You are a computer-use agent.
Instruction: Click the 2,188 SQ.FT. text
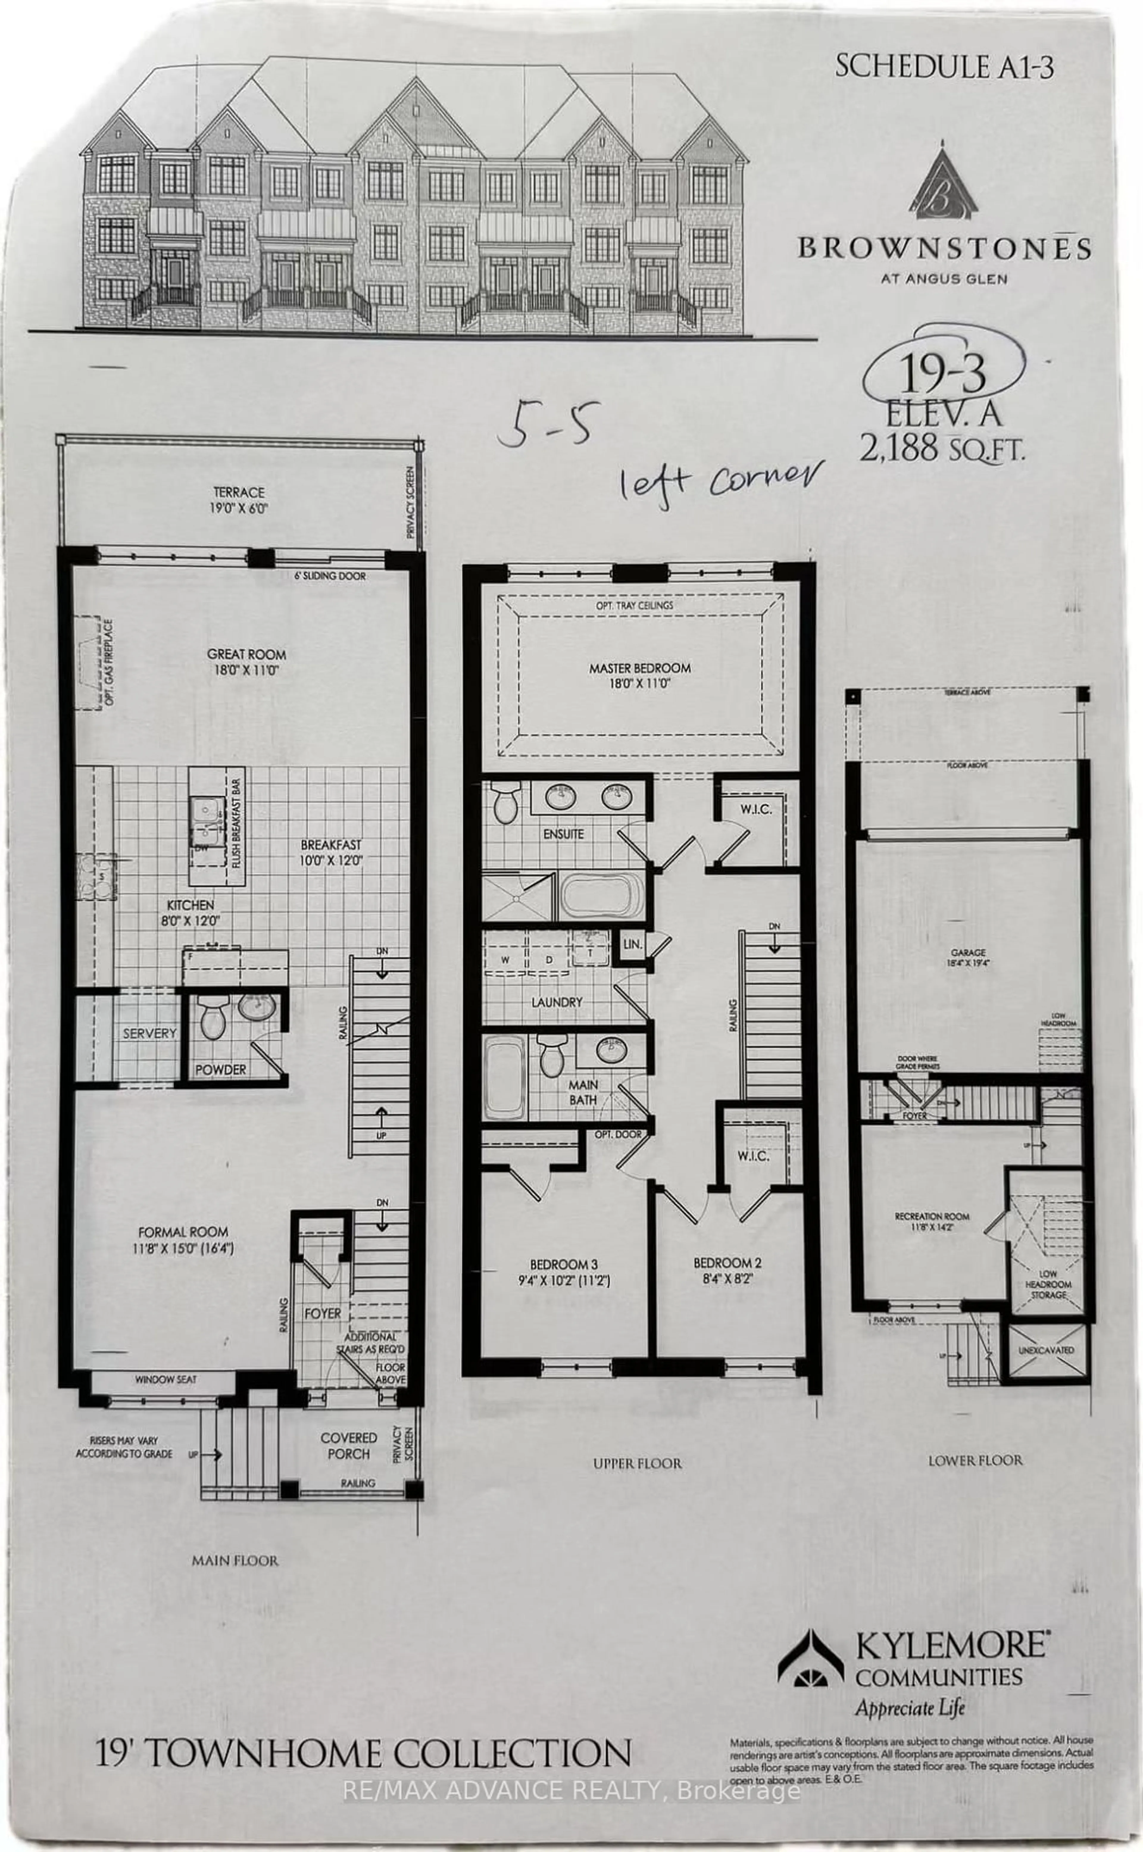(x=941, y=449)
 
